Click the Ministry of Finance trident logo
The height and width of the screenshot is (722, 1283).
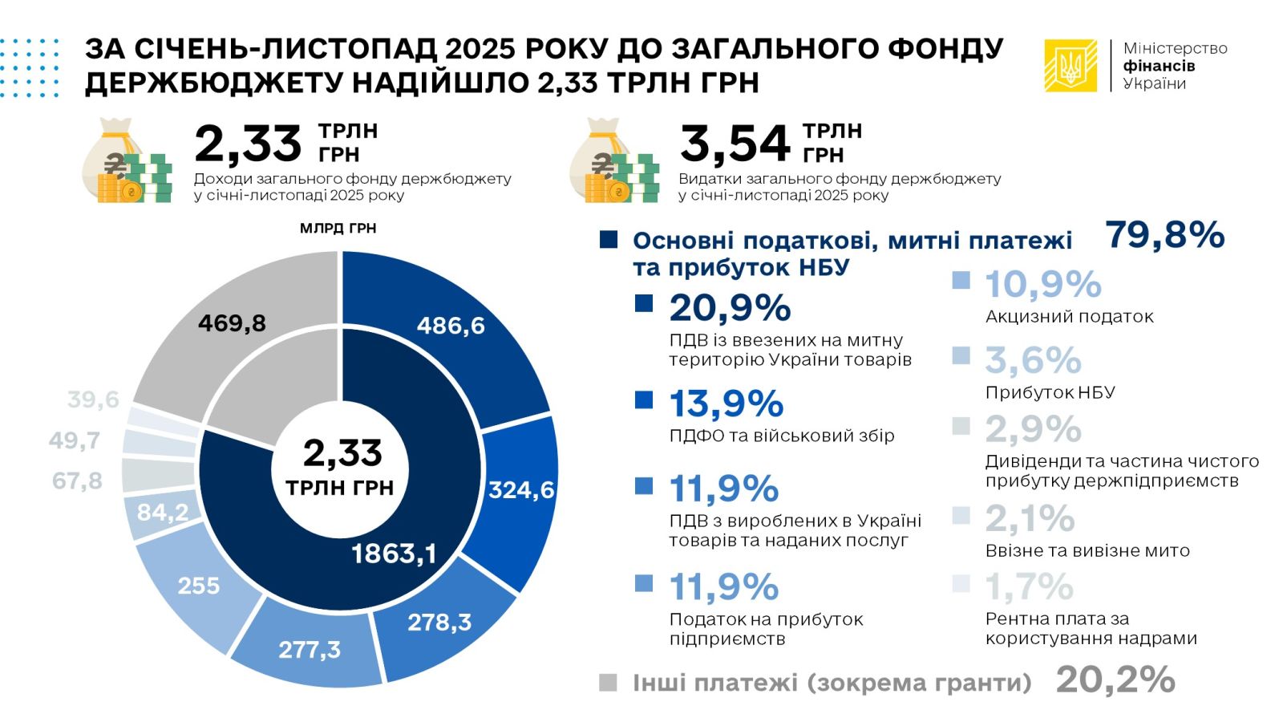tap(1070, 66)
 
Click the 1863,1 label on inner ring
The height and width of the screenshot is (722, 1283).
tap(394, 554)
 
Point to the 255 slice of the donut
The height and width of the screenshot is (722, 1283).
tap(198, 586)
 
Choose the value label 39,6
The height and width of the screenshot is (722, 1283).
tap(93, 399)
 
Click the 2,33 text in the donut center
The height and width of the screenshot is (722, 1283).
tap(342, 453)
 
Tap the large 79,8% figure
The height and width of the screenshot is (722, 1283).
tap(1164, 235)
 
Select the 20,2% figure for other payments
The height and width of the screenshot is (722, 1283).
tap(1115, 680)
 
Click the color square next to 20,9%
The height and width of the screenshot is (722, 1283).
tap(644, 303)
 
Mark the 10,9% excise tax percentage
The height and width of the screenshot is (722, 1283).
tap(1042, 284)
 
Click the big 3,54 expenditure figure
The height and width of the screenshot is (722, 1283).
tap(735, 144)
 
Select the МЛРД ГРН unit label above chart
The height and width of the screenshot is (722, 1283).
tap(338, 229)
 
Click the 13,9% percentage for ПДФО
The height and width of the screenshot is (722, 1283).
tap(726, 404)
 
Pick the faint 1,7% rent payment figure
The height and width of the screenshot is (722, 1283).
tap(1029, 586)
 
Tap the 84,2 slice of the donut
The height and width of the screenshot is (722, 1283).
tap(163, 512)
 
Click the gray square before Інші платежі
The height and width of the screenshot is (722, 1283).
tap(608, 683)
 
